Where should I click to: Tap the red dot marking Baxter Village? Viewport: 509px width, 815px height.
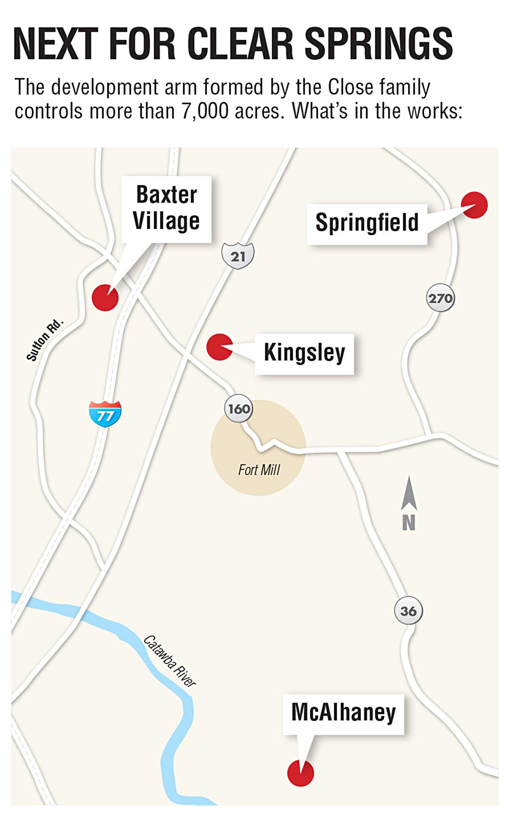pos(105,298)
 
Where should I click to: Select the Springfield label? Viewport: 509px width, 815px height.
pos(367,223)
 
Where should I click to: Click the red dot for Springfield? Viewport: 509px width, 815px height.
pos(474,205)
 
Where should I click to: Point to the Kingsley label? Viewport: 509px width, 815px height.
pos(304,353)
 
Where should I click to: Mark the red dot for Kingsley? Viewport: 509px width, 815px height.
pos(219,347)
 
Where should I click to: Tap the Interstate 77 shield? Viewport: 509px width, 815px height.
pos(105,414)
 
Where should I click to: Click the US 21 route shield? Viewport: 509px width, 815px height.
pos(238,256)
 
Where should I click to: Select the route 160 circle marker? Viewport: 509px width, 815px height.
pos(238,409)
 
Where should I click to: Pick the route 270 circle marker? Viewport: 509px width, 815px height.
pos(440,298)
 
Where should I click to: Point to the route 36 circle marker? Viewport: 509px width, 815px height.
pos(408,611)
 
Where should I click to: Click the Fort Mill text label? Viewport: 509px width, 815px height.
pos(259,470)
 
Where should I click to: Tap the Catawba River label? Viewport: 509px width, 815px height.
pos(170,661)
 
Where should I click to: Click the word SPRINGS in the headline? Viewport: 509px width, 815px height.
pos(378,44)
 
